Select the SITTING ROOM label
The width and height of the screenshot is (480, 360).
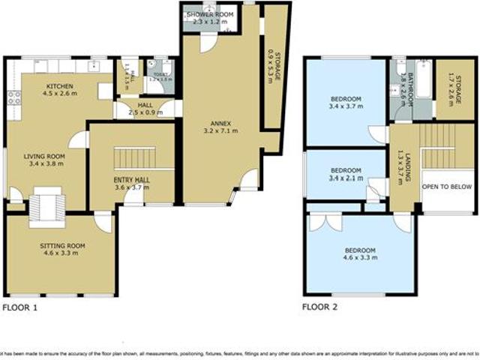(62, 245)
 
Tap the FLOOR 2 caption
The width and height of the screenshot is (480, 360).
(319, 307)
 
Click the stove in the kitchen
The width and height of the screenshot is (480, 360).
(13, 97)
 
